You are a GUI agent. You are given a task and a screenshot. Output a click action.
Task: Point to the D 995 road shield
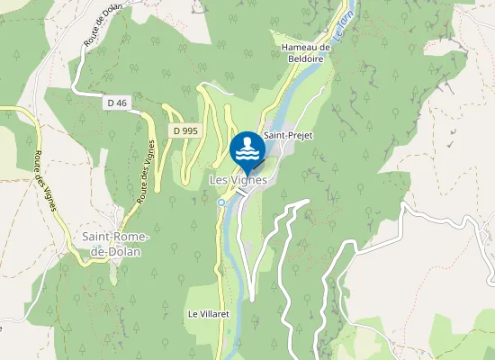pos(184,131)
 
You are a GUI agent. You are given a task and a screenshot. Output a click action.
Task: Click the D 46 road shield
pos(116,103)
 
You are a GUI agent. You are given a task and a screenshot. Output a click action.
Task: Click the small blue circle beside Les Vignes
pos(221,202)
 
